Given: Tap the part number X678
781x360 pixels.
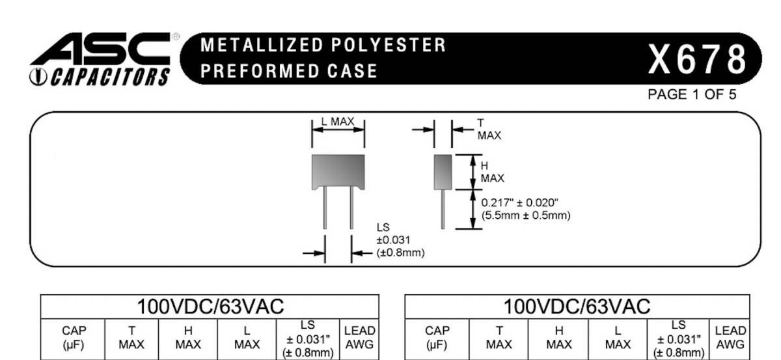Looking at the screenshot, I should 696,59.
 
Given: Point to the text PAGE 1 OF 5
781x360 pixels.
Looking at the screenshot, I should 692,94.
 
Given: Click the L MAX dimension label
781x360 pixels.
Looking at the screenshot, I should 338,122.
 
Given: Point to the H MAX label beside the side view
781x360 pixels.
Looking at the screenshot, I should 491,172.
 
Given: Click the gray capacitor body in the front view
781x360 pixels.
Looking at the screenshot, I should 338,170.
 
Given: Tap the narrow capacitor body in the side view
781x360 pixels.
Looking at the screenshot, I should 443,172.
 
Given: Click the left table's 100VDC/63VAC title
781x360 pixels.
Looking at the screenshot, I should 210,307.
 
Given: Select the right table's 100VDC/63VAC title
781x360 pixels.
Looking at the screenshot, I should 577,307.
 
